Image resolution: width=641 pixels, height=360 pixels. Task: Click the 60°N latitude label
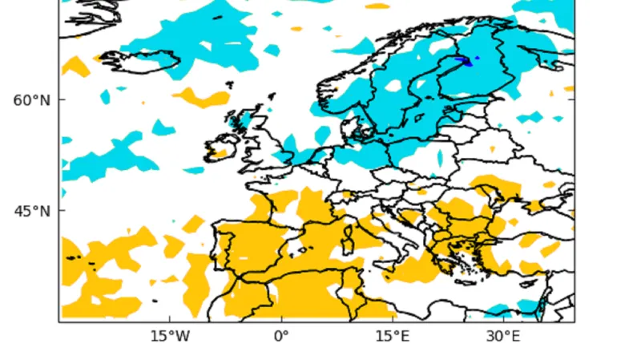click(32, 100)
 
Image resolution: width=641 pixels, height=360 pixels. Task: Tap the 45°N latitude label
click(32, 212)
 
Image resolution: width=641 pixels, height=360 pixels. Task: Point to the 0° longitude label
click(280, 336)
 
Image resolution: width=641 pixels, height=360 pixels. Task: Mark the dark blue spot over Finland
click(465, 60)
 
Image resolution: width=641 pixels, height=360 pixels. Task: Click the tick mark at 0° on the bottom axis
click(281, 322)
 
